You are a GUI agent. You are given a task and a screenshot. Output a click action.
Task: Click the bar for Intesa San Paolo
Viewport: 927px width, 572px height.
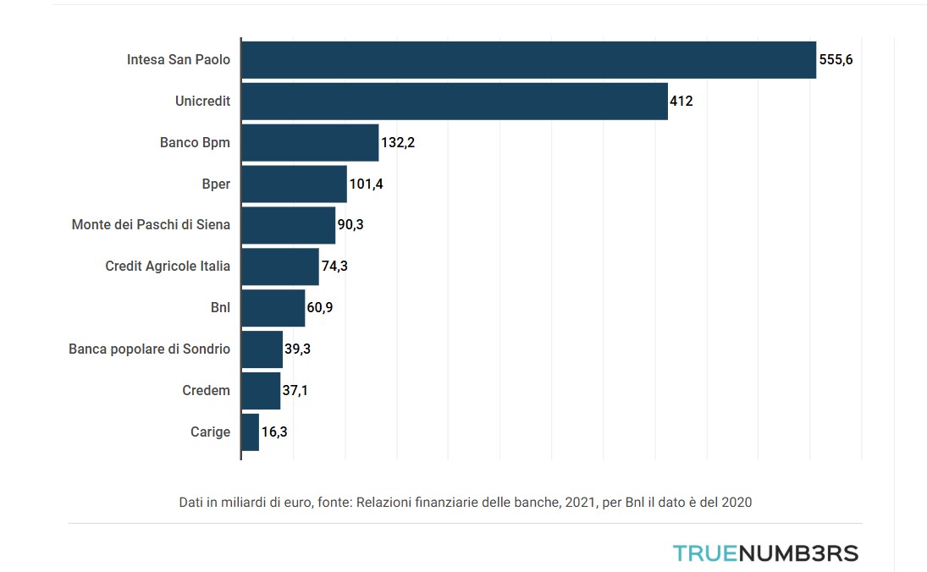pos(528,60)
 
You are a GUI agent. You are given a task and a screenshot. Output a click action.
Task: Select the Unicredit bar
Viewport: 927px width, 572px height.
pos(455,102)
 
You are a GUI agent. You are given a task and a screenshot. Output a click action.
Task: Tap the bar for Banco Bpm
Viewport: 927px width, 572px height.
pos(310,143)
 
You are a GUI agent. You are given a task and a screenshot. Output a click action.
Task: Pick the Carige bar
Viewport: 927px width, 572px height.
pos(250,432)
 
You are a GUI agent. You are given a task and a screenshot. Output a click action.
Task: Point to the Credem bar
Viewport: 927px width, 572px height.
pos(261,391)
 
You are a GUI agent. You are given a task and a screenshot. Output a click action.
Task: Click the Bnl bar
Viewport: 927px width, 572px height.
pos(273,308)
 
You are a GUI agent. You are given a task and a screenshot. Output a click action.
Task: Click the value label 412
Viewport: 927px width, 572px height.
pos(681,102)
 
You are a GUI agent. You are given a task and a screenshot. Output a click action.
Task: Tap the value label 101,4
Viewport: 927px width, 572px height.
pos(366,184)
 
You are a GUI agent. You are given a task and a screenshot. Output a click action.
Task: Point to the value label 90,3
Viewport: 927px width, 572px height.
pos(351,226)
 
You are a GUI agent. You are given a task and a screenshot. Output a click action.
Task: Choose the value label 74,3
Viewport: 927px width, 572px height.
pos(334,267)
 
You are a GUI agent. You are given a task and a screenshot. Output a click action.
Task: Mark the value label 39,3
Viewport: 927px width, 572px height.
pos(297,349)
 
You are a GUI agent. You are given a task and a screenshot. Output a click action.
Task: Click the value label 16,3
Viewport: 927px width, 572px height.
pos(275,432)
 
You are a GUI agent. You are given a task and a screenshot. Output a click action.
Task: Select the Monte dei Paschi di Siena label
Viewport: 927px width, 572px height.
pos(151,225)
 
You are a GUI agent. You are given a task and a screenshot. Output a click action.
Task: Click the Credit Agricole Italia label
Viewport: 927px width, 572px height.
pos(168,267)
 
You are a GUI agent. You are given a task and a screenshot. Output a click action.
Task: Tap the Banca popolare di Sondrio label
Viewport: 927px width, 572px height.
pos(149,349)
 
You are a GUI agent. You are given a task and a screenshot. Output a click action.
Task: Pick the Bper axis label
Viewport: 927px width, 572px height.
pos(216,184)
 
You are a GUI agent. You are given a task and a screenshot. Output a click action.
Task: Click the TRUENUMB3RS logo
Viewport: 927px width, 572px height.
pos(765,553)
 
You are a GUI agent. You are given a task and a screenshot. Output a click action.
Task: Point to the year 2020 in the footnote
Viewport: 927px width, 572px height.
pos(736,502)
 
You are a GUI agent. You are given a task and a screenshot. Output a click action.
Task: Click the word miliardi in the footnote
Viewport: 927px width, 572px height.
pos(244,502)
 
